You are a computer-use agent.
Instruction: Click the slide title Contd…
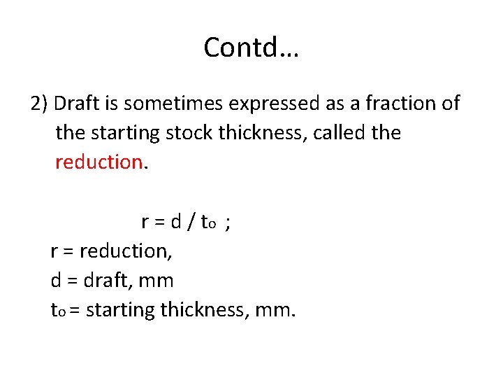coord(251,48)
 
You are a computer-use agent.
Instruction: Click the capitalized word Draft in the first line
coord(74,104)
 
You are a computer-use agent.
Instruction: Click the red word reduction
coord(99,162)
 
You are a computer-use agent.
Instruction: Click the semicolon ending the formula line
coord(229,223)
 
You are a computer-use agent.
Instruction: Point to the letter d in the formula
coord(176,222)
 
